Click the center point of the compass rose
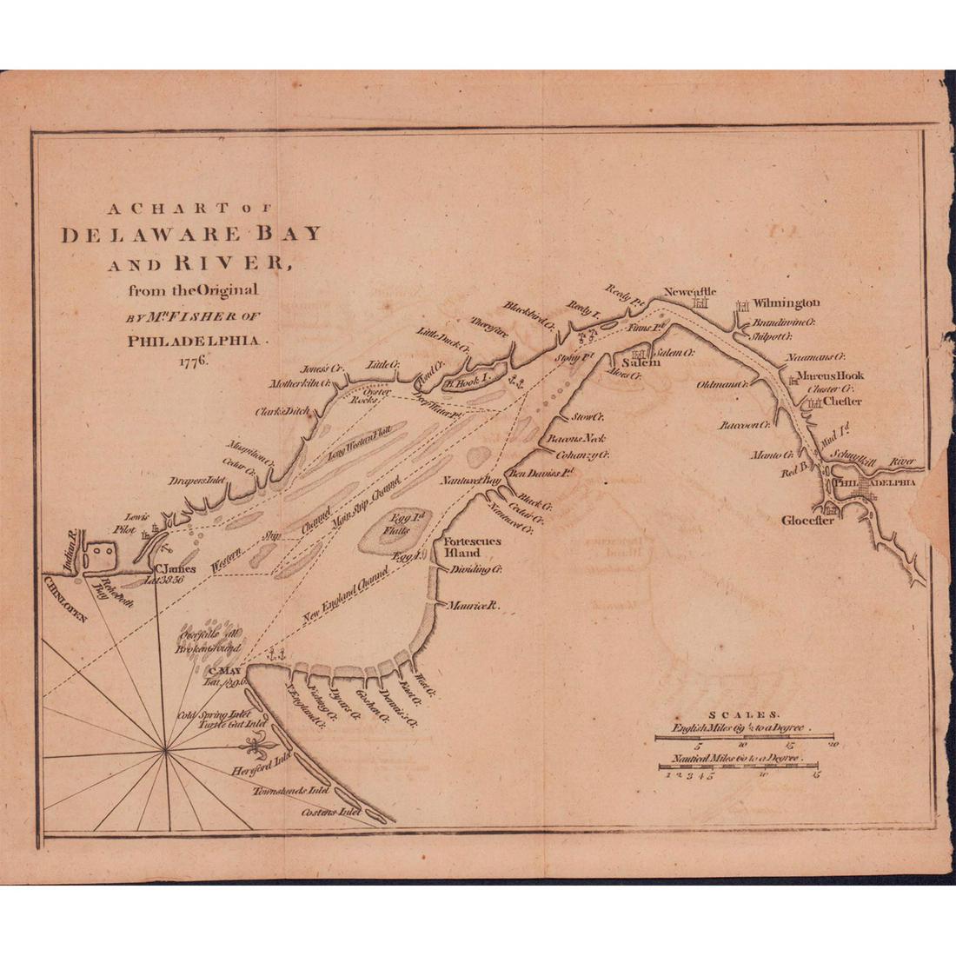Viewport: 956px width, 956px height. coord(163,746)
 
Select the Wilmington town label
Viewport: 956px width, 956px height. coord(786,303)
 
